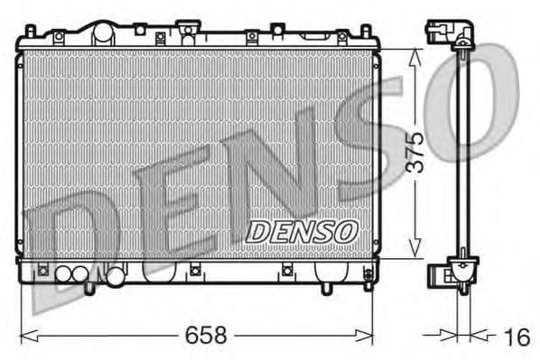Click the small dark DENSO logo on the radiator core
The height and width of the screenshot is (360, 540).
point(302,232)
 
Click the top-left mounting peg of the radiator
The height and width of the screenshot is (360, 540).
point(30,32)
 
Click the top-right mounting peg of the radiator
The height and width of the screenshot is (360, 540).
point(367,32)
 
